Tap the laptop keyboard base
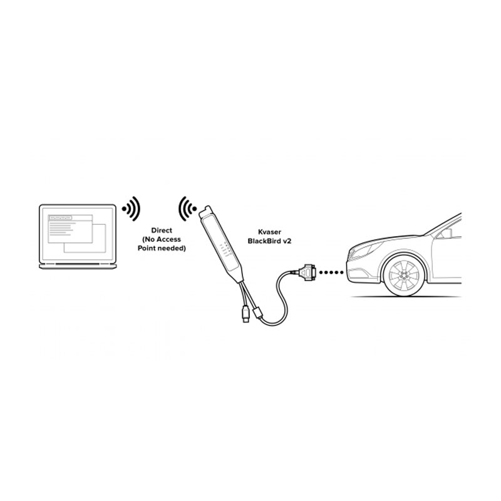tap(78, 266)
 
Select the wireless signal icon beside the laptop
tap(131, 209)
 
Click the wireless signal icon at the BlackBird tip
tap(187, 209)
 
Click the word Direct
tap(162, 230)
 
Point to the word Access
tap(168, 239)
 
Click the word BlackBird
tap(264, 241)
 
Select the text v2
tap(287, 241)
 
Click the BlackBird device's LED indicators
tap(225, 249)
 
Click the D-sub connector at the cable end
tap(307, 272)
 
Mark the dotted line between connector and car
tap(331, 272)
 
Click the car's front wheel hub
tap(405, 275)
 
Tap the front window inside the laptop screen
tap(70, 229)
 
